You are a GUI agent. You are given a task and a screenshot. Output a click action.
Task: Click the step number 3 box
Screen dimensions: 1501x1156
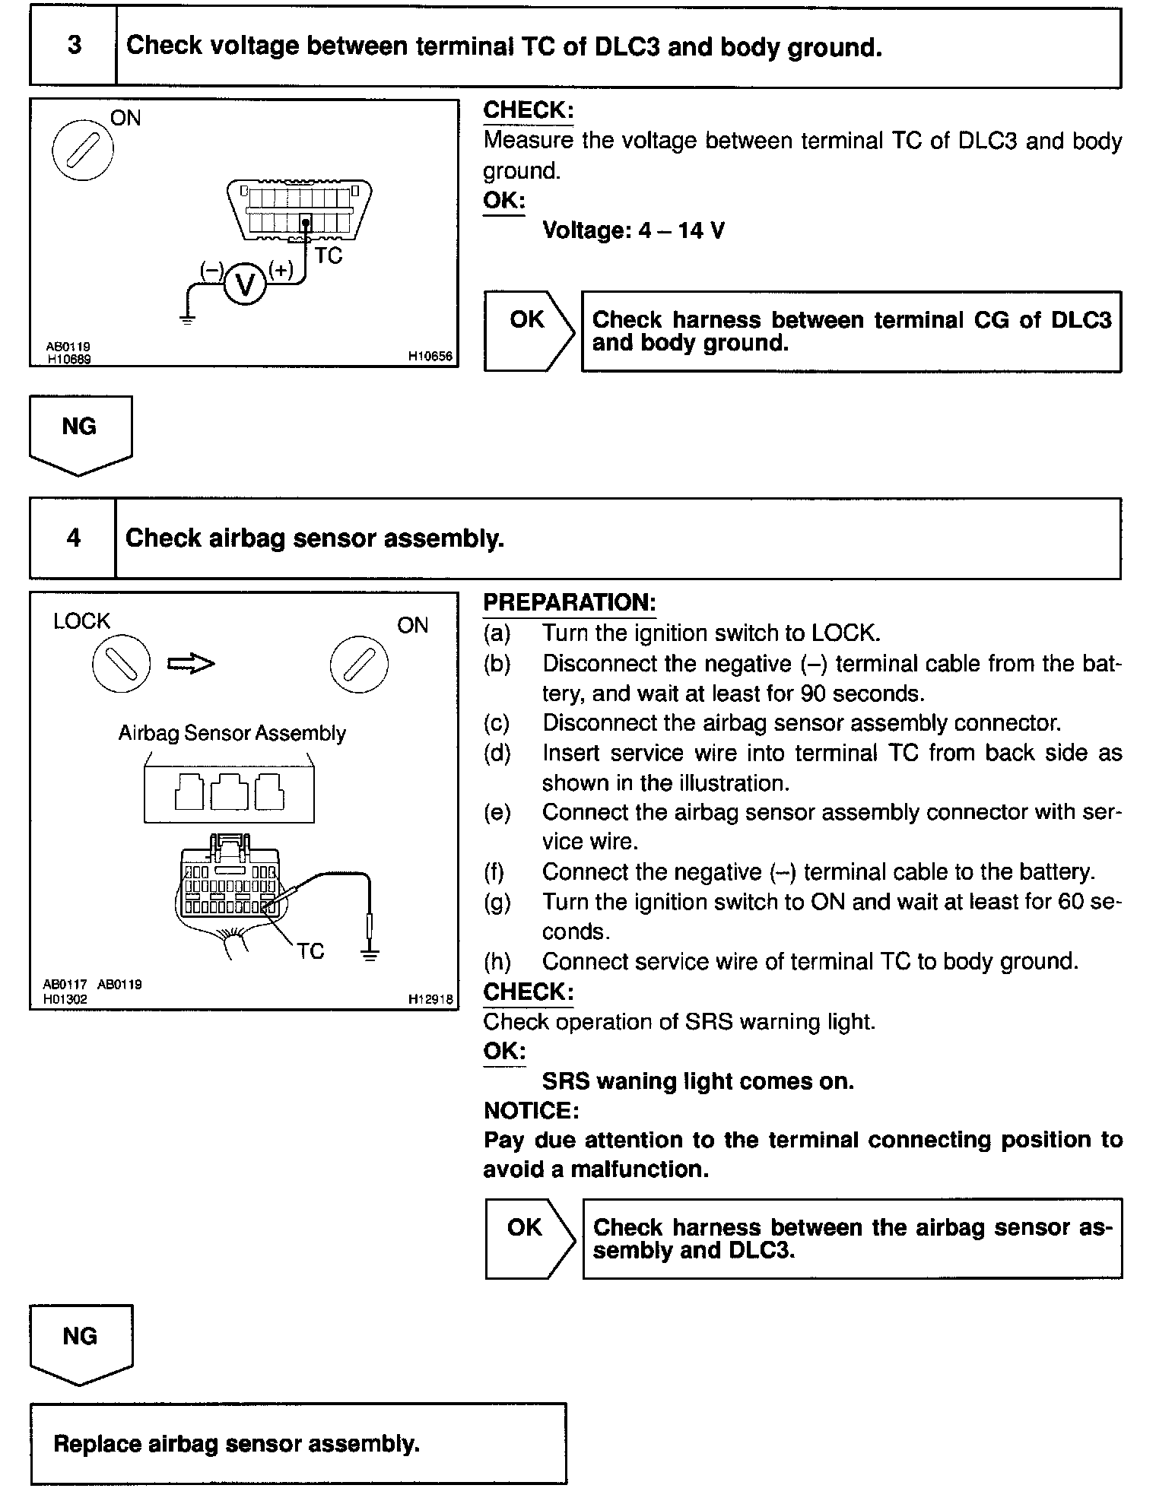click(x=74, y=46)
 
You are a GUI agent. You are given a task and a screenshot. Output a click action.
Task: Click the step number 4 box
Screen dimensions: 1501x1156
click(x=73, y=538)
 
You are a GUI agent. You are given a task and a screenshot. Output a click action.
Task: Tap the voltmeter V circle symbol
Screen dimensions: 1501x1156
click(x=244, y=284)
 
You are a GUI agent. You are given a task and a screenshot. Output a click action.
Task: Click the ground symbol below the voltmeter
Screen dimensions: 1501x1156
click(x=188, y=319)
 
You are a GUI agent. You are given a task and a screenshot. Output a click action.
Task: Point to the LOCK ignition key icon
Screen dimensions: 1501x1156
click(x=121, y=664)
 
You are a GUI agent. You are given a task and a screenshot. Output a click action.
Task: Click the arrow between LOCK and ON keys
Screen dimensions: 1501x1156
click(x=191, y=664)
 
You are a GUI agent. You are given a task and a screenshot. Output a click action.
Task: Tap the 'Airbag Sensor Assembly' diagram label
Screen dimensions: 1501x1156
click(x=232, y=733)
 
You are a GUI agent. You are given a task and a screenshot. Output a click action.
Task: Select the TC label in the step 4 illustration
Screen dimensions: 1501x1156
click(x=310, y=951)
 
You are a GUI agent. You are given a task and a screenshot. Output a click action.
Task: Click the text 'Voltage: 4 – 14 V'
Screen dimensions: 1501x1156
click(x=633, y=230)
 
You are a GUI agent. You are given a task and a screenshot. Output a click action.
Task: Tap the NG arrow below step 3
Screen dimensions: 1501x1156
click(x=80, y=433)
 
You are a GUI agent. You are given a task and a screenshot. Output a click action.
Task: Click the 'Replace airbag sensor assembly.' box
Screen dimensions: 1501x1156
click(x=298, y=1444)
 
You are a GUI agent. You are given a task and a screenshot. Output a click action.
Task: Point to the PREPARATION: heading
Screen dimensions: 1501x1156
click(x=569, y=602)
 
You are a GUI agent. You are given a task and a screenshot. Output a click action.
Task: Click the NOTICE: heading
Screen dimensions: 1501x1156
click(x=531, y=1110)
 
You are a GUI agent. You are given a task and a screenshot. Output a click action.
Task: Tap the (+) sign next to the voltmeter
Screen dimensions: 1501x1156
click(x=281, y=270)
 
